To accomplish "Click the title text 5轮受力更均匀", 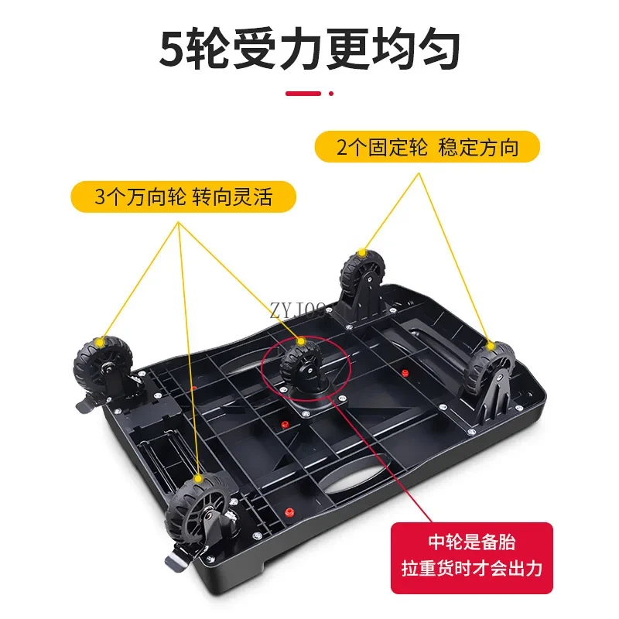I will pos(309,48).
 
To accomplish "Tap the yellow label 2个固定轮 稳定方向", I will pos(427,147).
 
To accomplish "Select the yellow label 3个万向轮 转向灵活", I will pos(183,197).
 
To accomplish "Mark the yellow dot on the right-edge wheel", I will pos(489,344).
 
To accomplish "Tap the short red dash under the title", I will pos(303,94).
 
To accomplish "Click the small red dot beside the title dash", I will pos(331,94).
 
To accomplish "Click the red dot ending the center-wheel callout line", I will pos(336,396).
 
